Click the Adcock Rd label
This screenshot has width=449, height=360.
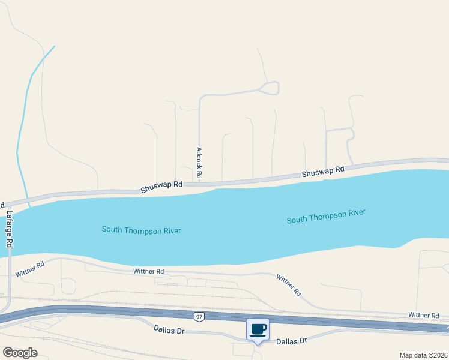click(x=199, y=164)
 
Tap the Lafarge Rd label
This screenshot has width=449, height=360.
click(x=9, y=229)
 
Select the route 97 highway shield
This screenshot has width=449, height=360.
click(x=198, y=316)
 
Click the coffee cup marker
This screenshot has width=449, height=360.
click(x=258, y=329)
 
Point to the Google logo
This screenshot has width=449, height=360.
click(x=20, y=352)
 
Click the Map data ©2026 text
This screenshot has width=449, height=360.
click(x=424, y=355)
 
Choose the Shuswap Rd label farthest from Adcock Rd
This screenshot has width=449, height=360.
click(x=323, y=172)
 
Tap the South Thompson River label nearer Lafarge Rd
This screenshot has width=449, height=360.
click(x=141, y=230)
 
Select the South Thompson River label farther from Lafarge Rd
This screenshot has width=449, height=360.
click(x=326, y=216)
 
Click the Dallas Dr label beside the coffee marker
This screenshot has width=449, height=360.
click(x=292, y=341)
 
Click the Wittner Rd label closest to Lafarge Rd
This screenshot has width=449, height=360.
click(x=30, y=268)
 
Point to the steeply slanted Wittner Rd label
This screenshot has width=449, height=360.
click(x=289, y=284)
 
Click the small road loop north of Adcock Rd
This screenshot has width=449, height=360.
click(x=268, y=88)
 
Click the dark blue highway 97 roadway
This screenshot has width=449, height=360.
click(x=120, y=311)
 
